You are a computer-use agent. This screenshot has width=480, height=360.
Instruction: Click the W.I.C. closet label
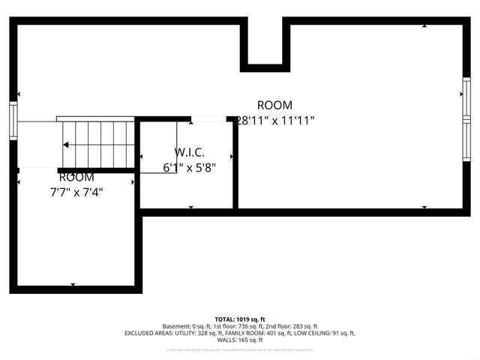point(189,152)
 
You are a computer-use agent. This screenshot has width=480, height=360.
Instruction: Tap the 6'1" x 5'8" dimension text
point(189,168)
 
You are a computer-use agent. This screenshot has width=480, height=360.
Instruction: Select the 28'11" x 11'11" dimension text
point(274,120)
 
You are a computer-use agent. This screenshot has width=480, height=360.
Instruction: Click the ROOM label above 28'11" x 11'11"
point(274,105)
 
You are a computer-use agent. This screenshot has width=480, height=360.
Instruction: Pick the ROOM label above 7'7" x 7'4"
point(76,177)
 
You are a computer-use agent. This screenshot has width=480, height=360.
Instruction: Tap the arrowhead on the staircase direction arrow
point(67,145)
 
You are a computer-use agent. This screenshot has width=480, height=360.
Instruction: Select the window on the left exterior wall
point(13,120)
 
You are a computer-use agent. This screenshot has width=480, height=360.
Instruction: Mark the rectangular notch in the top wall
point(265,43)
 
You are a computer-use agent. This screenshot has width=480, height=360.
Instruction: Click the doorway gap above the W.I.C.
point(209,118)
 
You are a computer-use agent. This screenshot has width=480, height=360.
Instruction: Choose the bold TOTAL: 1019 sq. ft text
point(240,319)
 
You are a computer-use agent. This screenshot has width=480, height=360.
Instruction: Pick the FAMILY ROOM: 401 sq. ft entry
point(258,333)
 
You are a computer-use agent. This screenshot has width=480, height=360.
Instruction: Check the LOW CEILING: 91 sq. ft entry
point(324,333)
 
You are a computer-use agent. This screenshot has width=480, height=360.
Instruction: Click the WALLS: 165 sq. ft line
point(240,340)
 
